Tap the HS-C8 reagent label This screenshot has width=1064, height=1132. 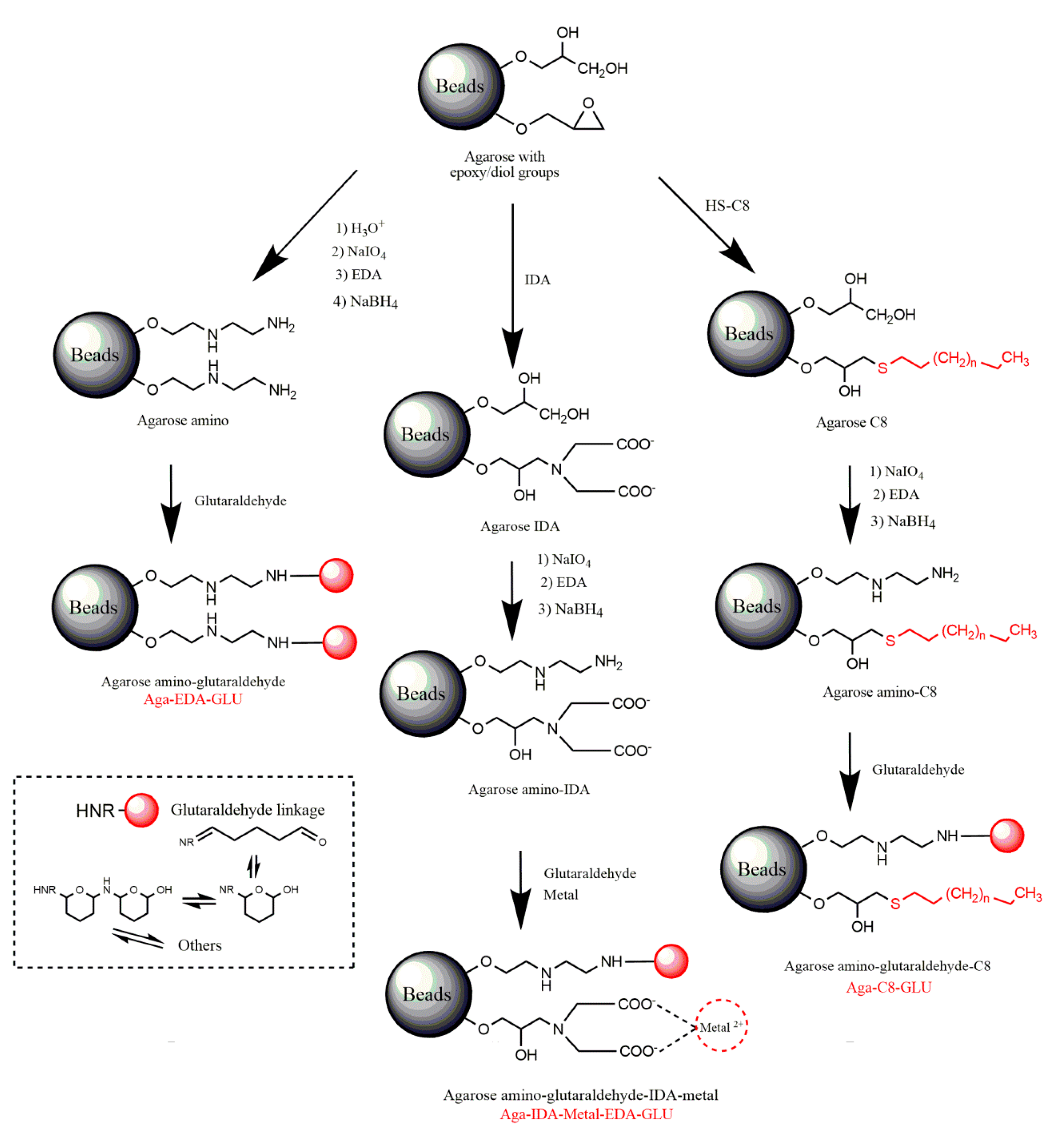click(x=727, y=206)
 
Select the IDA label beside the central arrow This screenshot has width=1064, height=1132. click(x=537, y=280)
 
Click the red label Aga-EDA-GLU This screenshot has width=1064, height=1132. click(x=193, y=699)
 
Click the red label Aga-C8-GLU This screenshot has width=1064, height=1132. click(x=889, y=988)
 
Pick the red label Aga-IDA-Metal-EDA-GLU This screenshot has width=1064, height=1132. click(x=586, y=1114)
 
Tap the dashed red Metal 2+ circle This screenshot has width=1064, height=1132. click(x=721, y=1026)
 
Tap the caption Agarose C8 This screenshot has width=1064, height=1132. click(x=851, y=422)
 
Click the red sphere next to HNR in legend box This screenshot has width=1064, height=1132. click(x=141, y=810)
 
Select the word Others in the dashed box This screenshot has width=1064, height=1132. click(x=199, y=945)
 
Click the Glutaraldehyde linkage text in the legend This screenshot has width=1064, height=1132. click(x=248, y=810)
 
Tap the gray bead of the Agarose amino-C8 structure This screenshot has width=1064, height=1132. click(x=758, y=606)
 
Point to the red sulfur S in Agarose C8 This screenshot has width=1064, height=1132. click(x=882, y=368)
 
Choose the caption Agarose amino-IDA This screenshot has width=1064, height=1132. click(x=529, y=789)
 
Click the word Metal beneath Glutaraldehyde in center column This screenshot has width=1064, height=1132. click(x=560, y=895)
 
